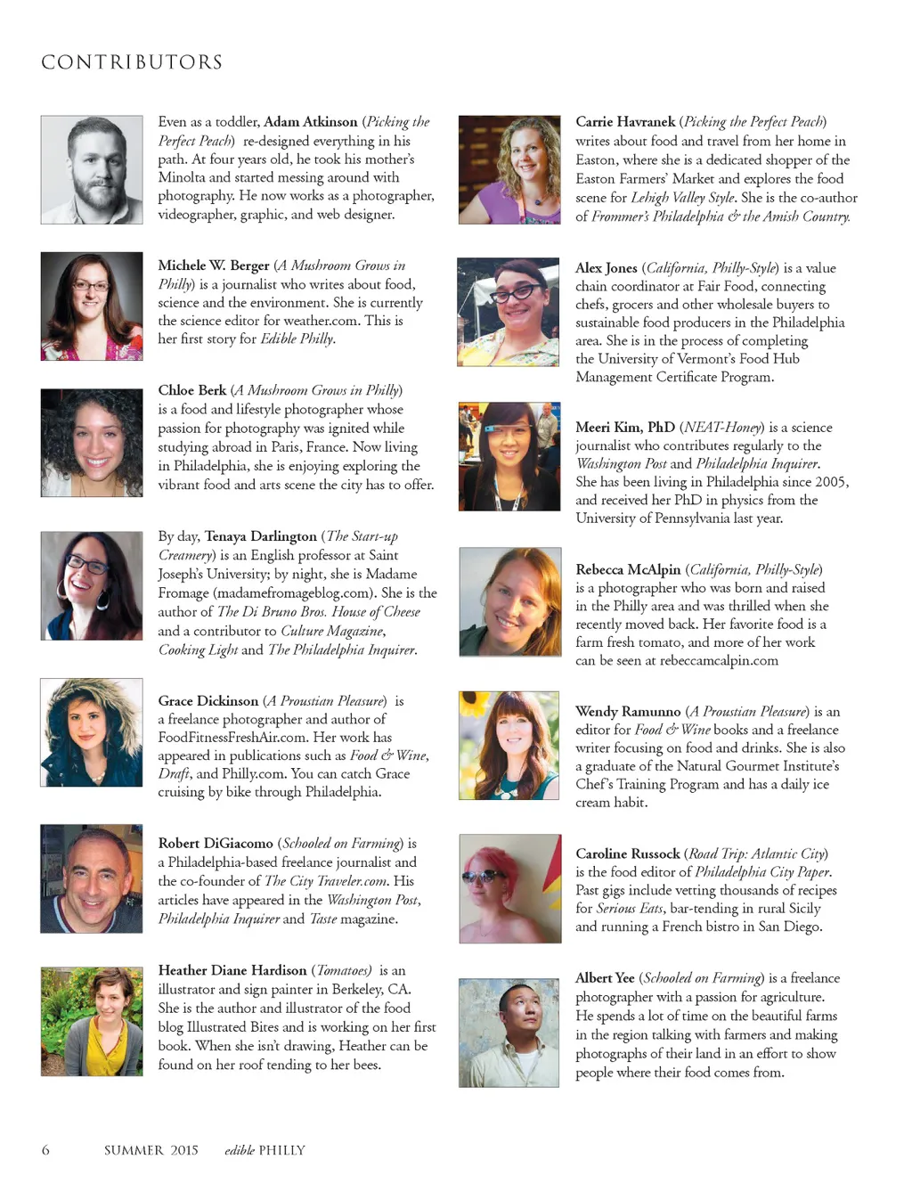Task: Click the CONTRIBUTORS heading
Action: [132, 62]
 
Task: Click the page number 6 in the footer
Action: [45, 1150]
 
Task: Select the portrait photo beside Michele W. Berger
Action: [92, 306]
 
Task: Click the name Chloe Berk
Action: [191, 390]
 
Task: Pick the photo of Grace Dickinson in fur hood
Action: [92, 732]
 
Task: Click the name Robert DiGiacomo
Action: [216, 843]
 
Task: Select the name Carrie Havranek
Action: [625, 122]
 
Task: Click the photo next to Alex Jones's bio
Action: [509, 313]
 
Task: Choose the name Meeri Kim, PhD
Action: [625, 428]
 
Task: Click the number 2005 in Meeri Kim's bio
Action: [829, 482]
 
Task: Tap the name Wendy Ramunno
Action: [628, 712]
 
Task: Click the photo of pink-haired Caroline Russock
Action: [510, 888]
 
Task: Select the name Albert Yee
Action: [605, 978]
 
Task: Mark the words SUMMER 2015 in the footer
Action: [151, 1150]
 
